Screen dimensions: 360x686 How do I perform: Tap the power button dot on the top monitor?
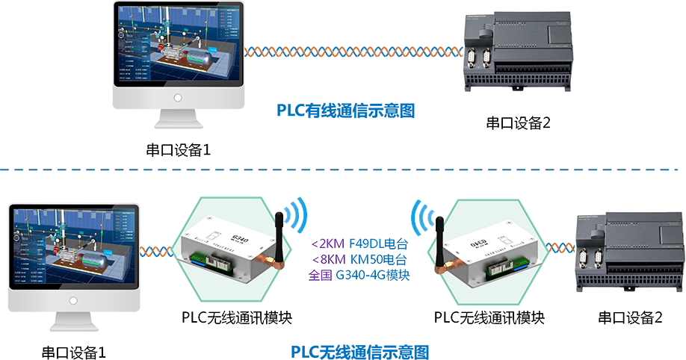click(x=178, y=98)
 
